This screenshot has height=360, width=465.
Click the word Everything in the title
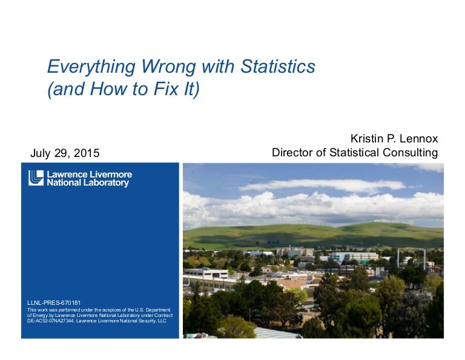click(91, 67)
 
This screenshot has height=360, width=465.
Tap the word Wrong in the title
click(168, 67)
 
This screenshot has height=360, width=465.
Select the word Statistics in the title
click(278, 66)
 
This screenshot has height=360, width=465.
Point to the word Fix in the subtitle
click(163, 88)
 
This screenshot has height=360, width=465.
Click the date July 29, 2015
click(65, 153)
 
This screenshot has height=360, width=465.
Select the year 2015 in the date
click(87, 153)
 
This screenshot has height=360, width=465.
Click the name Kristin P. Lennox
click(394, 138)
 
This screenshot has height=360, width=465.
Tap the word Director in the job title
click(292, 152)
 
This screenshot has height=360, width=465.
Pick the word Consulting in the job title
click(410, 153)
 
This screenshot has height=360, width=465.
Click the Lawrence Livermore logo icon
click(36, 178)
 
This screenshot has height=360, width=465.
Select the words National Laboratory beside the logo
click(88, 182)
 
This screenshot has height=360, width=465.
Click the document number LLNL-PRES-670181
click(54, 302)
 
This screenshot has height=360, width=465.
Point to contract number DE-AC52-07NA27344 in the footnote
click(51, 321)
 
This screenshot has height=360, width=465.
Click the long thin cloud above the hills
click(322, 185)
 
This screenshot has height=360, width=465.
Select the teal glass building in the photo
click(354, 257)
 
